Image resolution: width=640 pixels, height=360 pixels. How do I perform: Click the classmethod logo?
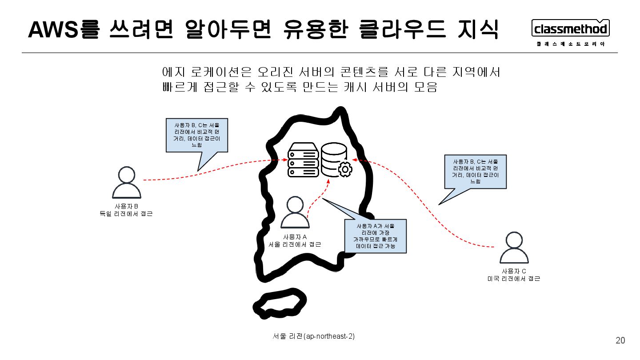pos(571,29)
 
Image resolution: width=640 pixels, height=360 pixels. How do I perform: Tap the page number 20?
pos(620,341)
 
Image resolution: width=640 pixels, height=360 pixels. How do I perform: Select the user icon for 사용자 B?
pos(127,183)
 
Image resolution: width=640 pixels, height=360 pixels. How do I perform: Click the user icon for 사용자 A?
pos(295,212)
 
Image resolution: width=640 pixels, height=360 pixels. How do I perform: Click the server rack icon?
pos(303,160)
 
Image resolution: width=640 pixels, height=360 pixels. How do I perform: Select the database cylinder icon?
pos(334,159)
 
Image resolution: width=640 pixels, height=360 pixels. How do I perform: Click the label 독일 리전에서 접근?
pos(126,214)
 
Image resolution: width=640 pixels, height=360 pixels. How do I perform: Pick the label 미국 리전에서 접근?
pos(514,279)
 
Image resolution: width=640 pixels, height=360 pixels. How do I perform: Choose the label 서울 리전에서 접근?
pos(295,244)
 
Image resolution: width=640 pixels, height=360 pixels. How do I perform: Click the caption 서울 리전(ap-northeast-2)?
pos(314,336)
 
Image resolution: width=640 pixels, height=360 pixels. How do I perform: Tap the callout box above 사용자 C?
pos(475,172)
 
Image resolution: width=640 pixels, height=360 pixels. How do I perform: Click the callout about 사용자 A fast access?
pos(376,236)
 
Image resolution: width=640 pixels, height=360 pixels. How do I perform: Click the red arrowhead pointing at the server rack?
pos(285,160)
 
